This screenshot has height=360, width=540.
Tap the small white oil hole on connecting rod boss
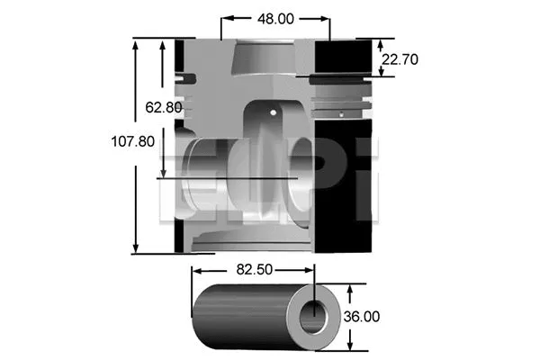tap(275, 113)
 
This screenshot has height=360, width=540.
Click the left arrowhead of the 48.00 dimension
tap(225, 17)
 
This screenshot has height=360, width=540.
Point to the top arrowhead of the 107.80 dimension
tap(137, 43)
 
